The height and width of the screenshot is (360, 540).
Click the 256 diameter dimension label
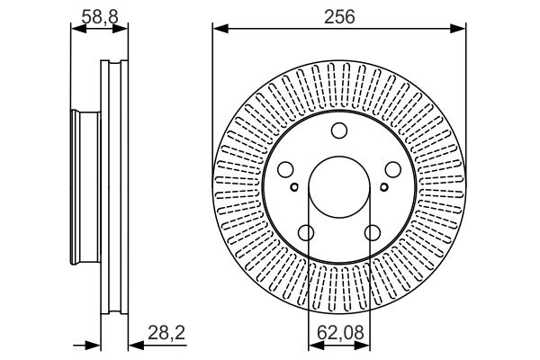(x=339, y=16)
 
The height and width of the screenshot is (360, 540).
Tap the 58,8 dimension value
(x=100, y=16)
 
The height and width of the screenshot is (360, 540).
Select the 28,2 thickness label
(x=166, y=333)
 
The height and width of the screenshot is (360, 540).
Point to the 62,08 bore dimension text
(x=340, y=333)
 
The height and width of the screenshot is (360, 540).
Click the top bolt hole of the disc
(x=339, y=130)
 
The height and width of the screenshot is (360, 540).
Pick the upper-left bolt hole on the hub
(x=285, y=170)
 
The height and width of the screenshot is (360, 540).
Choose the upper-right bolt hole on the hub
(x=393, y=170)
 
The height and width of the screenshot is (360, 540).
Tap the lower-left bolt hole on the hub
(x=306, y=233)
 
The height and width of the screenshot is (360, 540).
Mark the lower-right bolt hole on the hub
(x=373, y=233)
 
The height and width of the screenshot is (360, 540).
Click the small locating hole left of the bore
(x=294, y=187)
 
